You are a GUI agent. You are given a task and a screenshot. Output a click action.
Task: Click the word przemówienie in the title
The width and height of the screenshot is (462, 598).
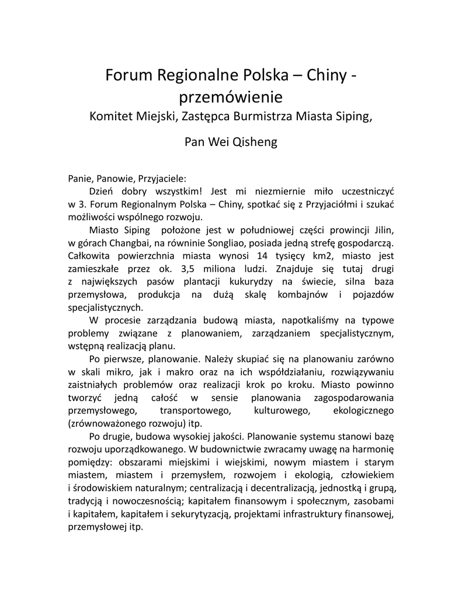[x=230, y=96]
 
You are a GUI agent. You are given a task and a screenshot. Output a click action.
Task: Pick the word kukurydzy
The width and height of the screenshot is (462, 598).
[x=242, y=281]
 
